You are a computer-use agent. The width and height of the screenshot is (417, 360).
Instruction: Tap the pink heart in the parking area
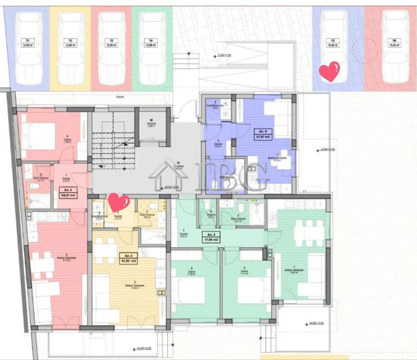330,72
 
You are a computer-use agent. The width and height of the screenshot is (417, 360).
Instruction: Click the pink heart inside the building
118,202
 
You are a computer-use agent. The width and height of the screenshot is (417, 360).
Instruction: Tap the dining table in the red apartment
42,266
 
